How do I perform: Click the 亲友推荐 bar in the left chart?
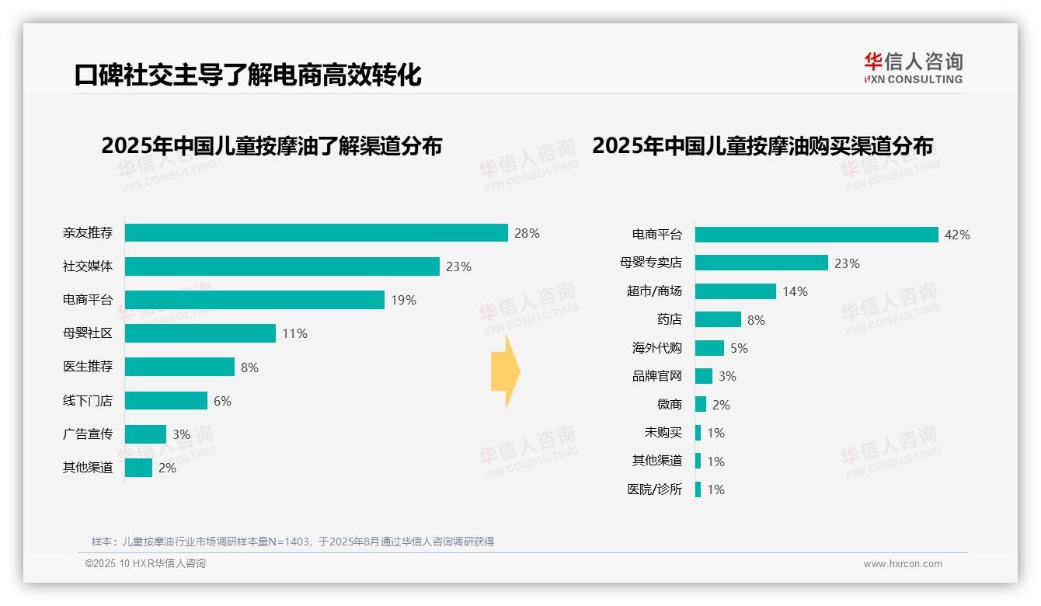pos(316,233)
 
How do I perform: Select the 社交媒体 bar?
pos(282,266)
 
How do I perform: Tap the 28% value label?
pos(527,233)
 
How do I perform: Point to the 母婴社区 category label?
pos(88,333)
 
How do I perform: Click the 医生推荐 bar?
pos(179,367)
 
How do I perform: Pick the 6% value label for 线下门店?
pos(222,401)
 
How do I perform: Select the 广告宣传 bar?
pos(145,434)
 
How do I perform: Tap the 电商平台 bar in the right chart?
pos(816,235)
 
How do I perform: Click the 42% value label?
pos(957,235)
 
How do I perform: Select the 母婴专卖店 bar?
pos(761,263)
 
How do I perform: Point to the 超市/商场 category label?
pos(654,291)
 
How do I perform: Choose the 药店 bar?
pos(718,319)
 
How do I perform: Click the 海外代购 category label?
pos(657,348)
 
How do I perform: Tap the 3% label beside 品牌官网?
pos(727,377)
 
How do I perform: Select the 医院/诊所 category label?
pos(654,489)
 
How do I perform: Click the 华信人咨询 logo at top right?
pos(913,68)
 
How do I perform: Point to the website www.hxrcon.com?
pos(903,564)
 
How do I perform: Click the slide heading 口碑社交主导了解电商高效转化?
pos(248,75)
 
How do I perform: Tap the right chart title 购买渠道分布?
pos(762,146)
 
